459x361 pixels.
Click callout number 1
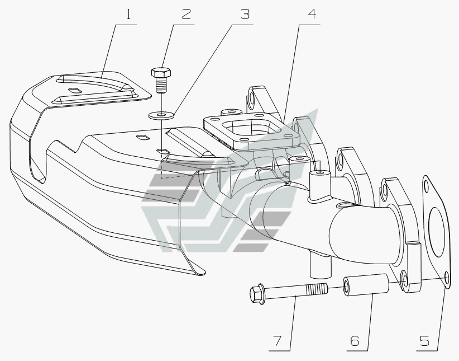pos(128,14)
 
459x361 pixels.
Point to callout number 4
pos(311,14)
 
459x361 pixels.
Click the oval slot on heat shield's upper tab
pos(74,90)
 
